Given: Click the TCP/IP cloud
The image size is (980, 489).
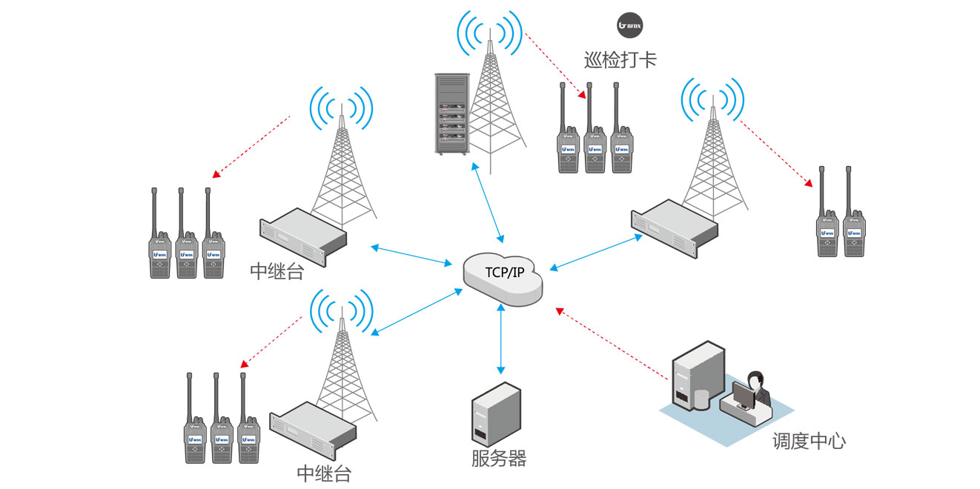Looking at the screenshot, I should [503, 276].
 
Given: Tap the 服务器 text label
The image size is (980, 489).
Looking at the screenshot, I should [498, 459].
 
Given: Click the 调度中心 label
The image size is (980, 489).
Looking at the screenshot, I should [809, 442].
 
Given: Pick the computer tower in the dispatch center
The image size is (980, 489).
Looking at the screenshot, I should [697, 378].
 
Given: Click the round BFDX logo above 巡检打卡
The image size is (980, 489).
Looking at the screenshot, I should [630, 25].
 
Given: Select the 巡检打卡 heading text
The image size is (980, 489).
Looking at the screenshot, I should [620, 59].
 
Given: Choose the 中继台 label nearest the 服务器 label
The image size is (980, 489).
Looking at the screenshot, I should [324, 473].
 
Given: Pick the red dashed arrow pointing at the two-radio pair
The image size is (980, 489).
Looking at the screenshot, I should [775, 152].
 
